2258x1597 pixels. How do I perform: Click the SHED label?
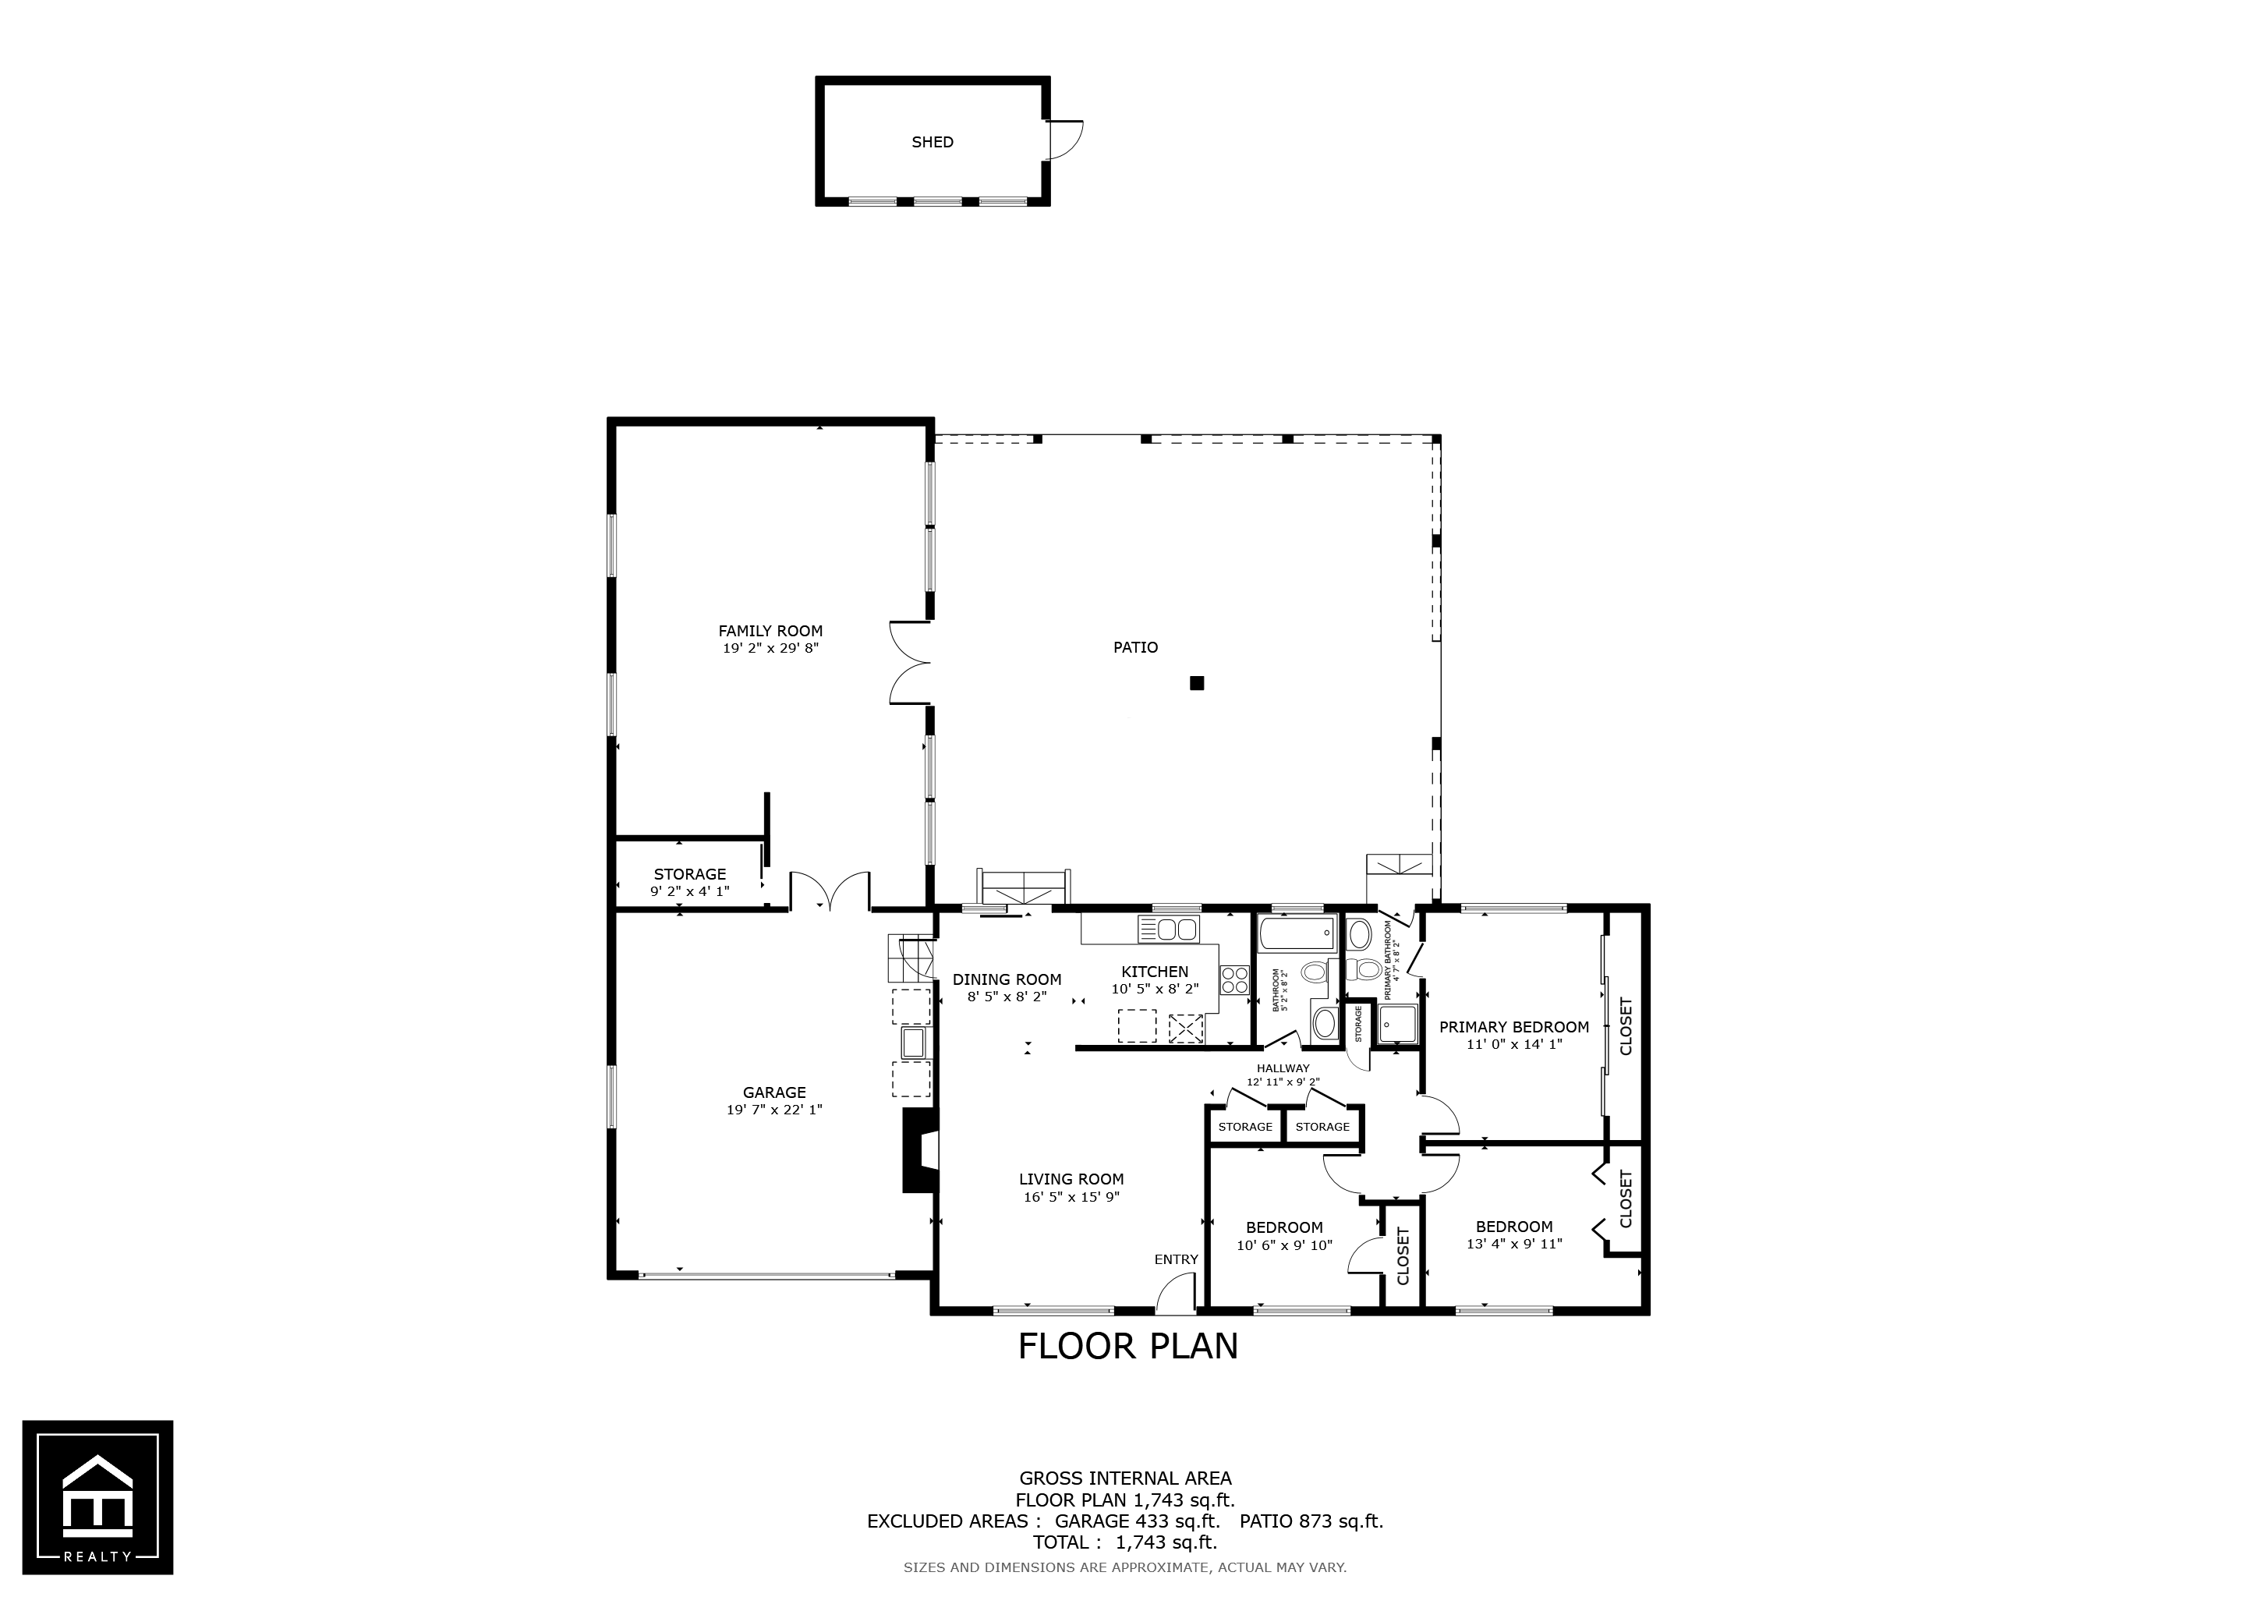click(933, 142)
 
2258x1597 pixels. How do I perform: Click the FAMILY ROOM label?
click(770, 632)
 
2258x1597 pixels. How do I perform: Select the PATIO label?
click(1135, 647)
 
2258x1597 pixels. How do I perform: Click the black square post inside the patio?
click(1197, 682)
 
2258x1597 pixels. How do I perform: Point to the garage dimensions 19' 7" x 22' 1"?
click(774, 1110)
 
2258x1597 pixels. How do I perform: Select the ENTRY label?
click(1177, 1259)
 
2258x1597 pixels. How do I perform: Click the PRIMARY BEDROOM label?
click(1513, 1028)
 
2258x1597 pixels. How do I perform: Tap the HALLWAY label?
click(1283, 1068)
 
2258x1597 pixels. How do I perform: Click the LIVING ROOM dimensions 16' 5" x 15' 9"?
click(1071, 1197)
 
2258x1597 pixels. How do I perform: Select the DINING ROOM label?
click(1007, 979)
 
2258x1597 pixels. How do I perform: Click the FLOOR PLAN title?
click(1128, 1345)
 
